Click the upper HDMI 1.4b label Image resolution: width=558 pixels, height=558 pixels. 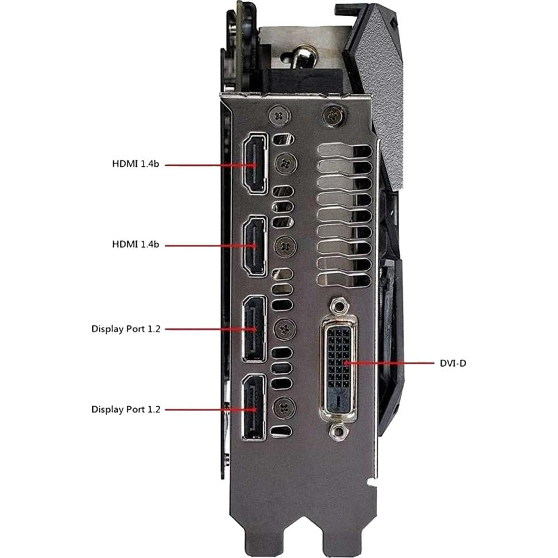click(136, 163)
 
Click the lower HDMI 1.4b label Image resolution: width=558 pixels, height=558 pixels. click(136, 244)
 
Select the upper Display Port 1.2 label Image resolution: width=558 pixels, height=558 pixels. click(126, 329)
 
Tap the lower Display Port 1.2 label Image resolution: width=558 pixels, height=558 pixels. click(126, 409)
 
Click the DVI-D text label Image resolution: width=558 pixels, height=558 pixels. click(453, 363)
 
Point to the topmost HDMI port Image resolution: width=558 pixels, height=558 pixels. click(255, 163)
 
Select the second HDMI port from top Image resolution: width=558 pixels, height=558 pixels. click(255, 246)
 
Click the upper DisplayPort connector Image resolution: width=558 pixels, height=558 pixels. click(254, 329)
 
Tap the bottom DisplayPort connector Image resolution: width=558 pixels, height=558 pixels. click(254, 408)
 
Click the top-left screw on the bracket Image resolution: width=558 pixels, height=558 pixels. click(280, 116)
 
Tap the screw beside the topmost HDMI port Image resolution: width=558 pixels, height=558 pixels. click(286, 163)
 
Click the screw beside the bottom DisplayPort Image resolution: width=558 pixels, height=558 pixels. click(285, 407)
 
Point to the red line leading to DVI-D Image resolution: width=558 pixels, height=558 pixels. click(389, 363)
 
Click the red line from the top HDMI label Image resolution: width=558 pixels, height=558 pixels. click(211, 165)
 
